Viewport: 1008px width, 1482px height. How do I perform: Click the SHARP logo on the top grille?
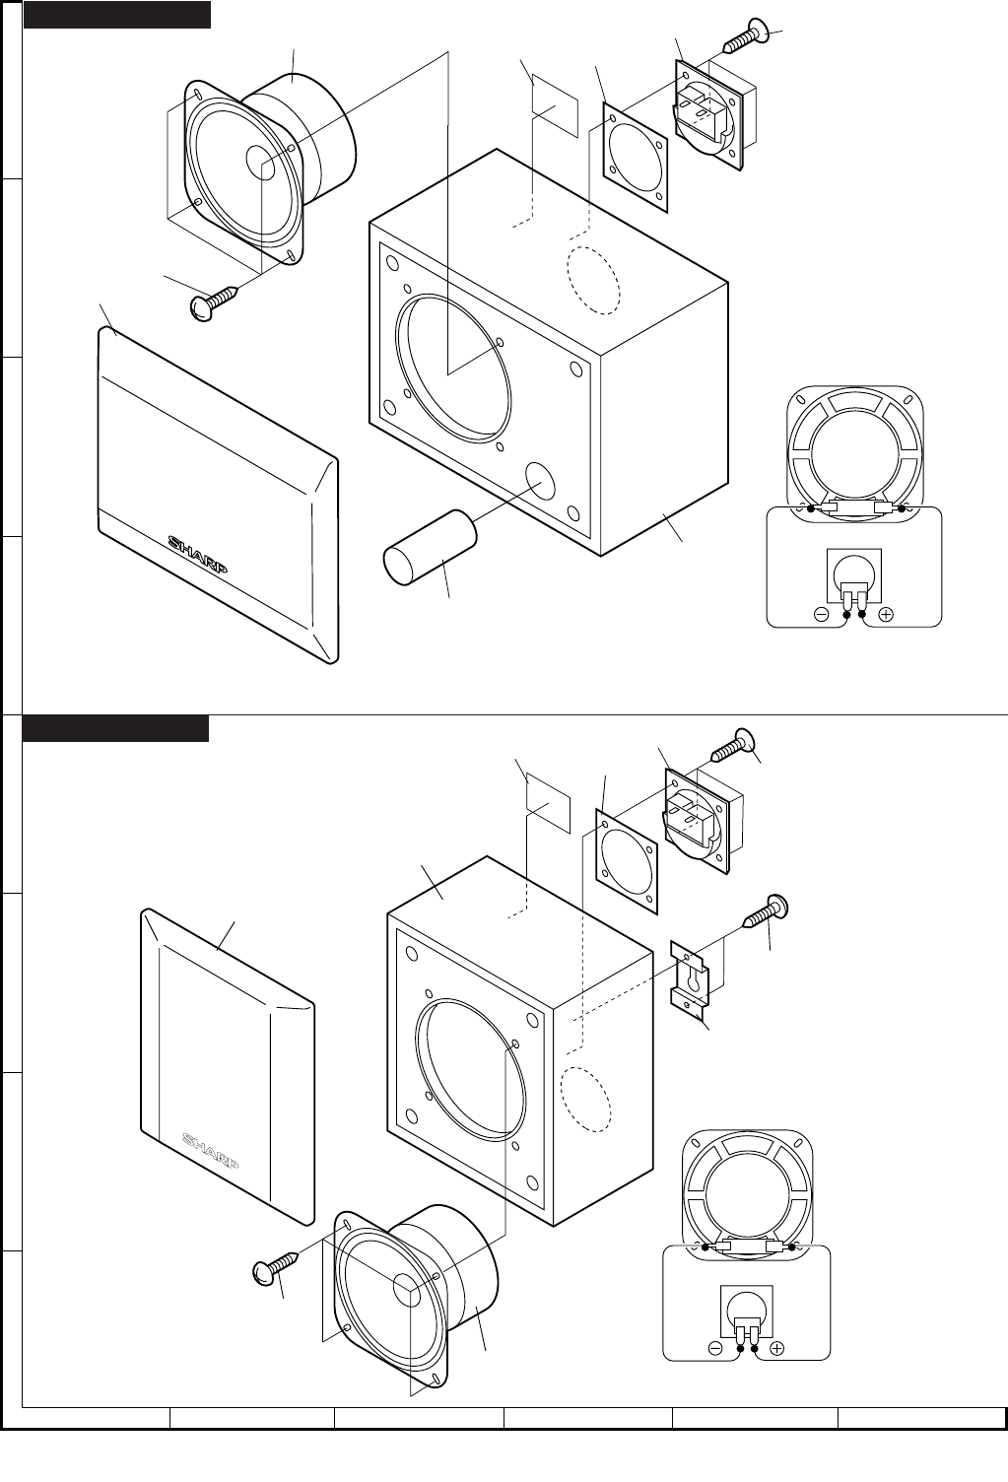[x=199, y=554]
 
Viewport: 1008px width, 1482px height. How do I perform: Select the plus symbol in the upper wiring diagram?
[x=886, y=614]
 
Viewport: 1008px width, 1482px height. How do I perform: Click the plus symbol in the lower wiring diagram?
[x=777, y=1348]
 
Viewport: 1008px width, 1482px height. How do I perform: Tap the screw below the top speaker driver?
[x=214, y=302]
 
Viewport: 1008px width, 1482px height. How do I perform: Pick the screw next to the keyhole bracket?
[x=766, y=912]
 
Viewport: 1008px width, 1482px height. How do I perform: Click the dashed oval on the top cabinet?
[x=592, y=279]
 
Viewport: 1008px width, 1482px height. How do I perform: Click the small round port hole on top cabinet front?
[x=540, y=479]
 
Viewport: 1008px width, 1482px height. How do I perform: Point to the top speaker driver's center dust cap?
[x=261, y=163]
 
